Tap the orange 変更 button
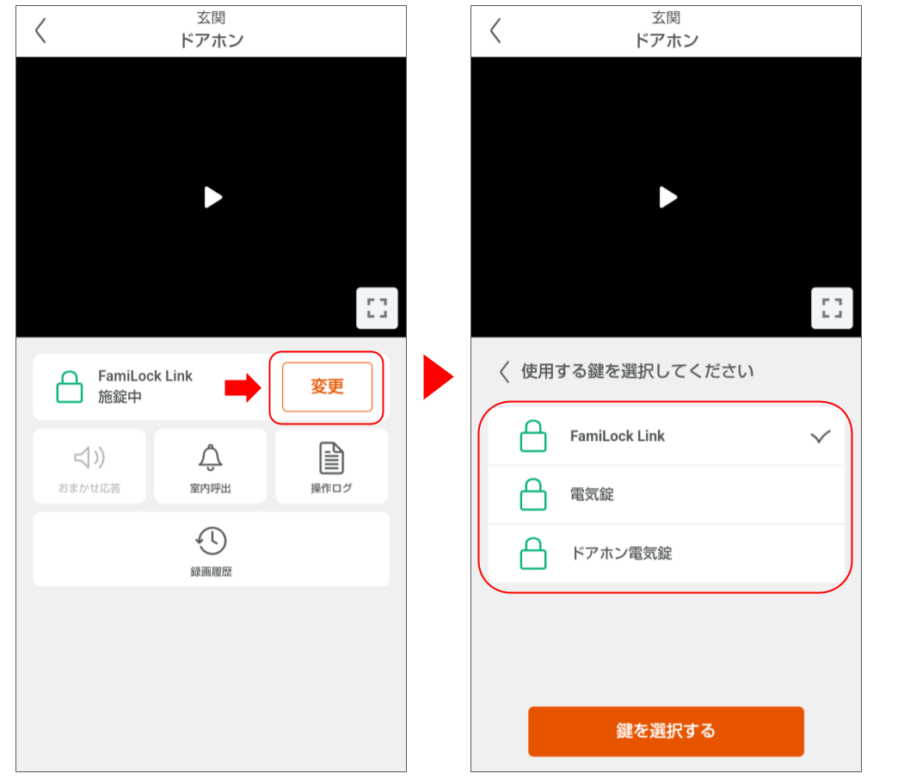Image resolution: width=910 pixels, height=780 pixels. [327, 387]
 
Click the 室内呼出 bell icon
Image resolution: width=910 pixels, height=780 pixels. [211, 458]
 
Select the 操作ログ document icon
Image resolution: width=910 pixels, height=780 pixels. [331, 458]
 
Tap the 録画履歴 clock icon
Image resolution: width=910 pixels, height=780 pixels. [211, 541]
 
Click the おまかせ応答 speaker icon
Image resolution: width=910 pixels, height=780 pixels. [89, 458]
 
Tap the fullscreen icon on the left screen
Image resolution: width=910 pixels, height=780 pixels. [377, 308]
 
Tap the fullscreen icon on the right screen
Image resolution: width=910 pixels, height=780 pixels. [832, 308]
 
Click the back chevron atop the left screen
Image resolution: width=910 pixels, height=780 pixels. [40, 30]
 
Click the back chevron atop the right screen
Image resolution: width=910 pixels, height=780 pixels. [495, 30]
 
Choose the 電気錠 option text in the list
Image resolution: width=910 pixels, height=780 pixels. [592, 495]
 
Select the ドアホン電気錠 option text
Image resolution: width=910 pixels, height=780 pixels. [621, 554]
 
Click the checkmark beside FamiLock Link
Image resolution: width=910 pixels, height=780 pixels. [821, 436]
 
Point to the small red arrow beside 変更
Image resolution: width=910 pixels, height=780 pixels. [242, 387]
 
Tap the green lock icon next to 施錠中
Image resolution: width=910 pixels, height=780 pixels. [70, 387]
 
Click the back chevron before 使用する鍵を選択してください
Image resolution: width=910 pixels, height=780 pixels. [504, 372]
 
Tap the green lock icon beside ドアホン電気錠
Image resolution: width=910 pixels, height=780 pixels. [533, 554]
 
